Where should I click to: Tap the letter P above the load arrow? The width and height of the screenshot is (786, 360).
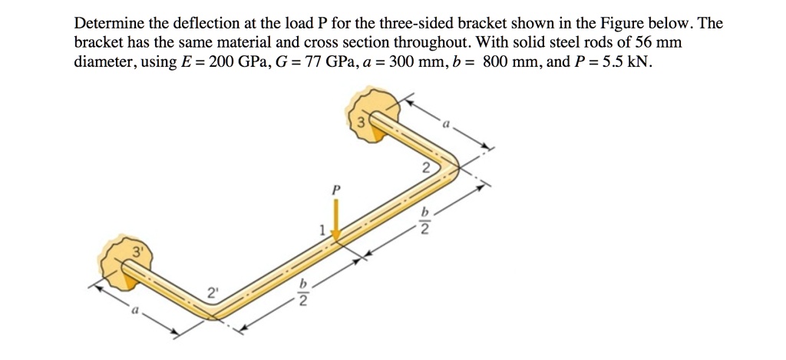335,187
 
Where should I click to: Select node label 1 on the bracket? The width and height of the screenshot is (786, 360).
323,228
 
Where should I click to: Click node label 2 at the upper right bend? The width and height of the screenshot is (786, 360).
425,168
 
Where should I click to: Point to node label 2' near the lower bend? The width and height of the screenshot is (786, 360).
211,292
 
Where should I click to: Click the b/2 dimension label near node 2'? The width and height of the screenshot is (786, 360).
302,294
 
